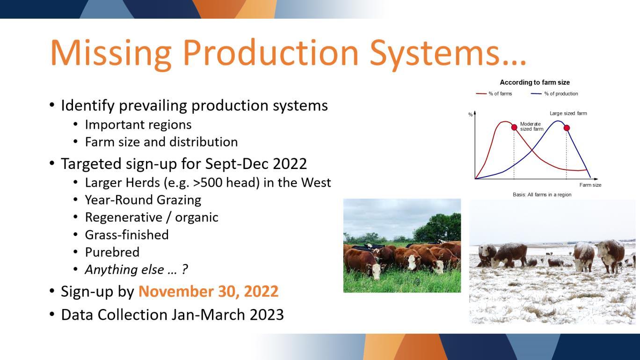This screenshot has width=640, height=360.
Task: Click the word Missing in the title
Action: [x=111, y=53]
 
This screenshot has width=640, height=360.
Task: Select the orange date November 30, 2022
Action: [x=209, y=292]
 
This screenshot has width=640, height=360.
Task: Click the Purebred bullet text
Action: [x=112, y=252]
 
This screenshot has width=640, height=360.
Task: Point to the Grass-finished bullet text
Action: [x=127, y=235]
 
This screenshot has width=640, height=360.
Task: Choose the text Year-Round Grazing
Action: [x=143, y=200]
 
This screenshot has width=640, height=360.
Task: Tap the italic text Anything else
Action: [x=124, y=269]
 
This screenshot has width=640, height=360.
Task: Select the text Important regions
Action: [x=138, y=125]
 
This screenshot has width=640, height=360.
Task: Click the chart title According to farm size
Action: [x=535, y=82]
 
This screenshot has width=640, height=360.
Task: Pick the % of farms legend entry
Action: [x=494, y=94]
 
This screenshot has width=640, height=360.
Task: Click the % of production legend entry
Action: [x=554, y=94]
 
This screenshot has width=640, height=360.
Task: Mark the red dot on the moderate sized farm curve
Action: [x=514, y=127]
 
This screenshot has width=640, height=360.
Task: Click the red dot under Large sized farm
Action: [x=567, y=128]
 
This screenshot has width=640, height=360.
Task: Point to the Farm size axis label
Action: [x=590, y=185]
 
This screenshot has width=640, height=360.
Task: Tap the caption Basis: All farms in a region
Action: [x=542, y=194]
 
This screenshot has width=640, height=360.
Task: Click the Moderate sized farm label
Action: [x=531, y=126]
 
